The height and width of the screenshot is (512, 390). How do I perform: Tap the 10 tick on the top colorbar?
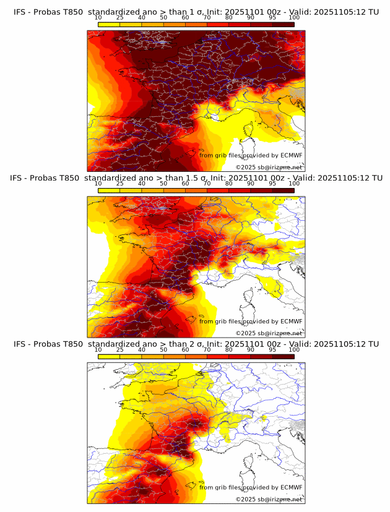point(98,17)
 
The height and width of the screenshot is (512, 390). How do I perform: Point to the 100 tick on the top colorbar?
point(294,17)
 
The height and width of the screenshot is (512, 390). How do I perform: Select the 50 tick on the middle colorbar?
point(163,184)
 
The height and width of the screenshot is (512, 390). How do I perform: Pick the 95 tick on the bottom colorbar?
point(272,349)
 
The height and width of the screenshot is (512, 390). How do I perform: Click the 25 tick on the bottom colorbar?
point(120,349)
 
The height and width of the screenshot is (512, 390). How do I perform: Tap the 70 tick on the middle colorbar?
point(207,184)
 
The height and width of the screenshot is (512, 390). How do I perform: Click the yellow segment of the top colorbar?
point(109,24)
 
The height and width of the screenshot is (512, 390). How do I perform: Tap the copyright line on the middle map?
point(269,333)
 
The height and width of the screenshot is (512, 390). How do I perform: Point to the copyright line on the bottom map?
point(269,499)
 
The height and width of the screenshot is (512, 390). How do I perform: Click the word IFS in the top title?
point(20,12)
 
